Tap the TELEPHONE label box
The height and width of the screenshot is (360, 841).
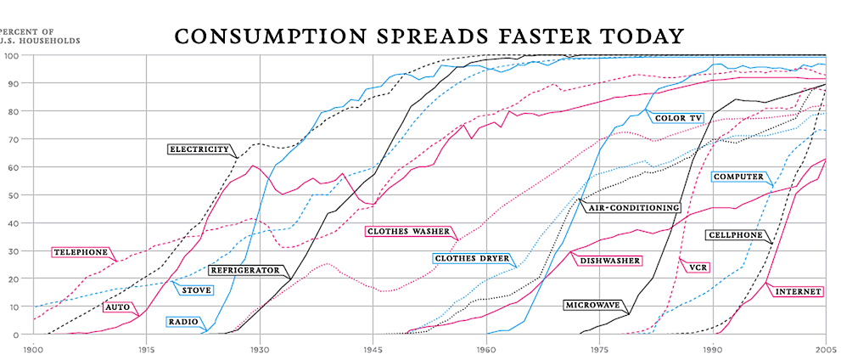[x=81, y=252]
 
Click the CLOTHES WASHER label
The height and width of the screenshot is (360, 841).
[x=408, y=230]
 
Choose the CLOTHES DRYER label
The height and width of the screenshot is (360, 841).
[x=471, y=258]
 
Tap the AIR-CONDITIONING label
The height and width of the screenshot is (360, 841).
[x=632, y=207]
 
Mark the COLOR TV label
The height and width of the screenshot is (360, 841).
[x=678, y=118]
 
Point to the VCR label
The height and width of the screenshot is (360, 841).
[x=698, y=267]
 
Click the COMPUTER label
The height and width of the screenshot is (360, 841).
[x=737, y=177]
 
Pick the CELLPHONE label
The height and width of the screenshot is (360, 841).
[x=734, y=234]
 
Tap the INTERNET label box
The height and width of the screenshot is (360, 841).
[x=798, y=291]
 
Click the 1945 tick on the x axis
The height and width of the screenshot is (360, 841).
[x=373, y=349]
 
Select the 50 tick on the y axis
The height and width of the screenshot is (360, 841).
[x=14, y=195]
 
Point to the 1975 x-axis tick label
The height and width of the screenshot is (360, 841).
[x=599, y=349]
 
